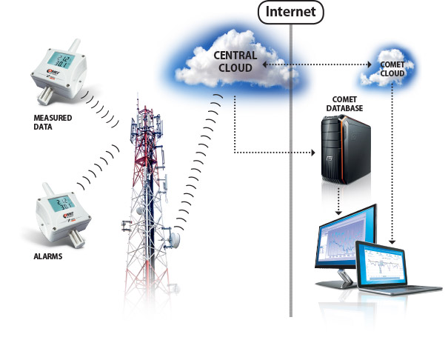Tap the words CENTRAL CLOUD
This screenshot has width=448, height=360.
coord(235,61)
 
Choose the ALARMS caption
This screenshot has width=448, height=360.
coord(49,257)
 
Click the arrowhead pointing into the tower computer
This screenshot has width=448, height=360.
coord(315,153)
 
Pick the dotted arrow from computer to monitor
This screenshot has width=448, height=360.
coord(338,200)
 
